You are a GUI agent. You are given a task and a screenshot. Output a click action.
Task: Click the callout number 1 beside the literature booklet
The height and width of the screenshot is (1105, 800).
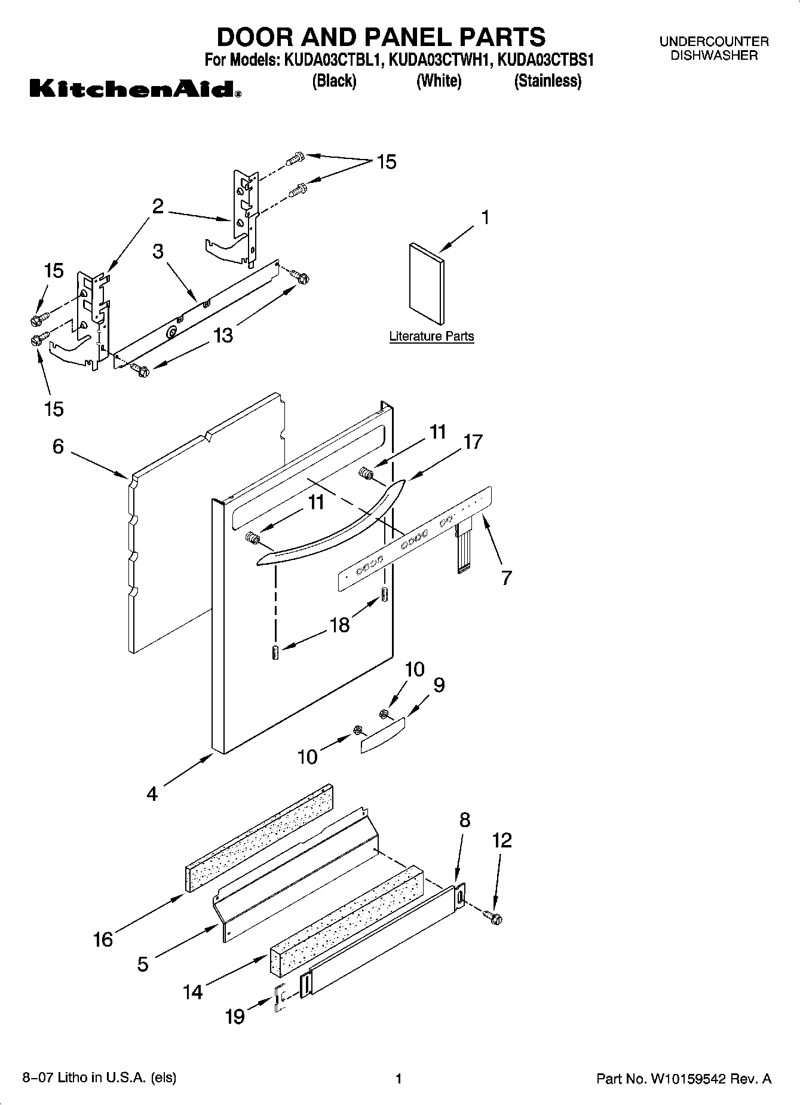pyautogui.click(x=486, y=218)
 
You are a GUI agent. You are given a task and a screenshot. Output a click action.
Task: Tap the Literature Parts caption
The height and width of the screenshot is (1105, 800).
pyautogui.click(x=431, y=336)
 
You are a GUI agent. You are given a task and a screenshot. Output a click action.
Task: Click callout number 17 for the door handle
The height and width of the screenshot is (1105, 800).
pyautogui.click(x=473, y=442)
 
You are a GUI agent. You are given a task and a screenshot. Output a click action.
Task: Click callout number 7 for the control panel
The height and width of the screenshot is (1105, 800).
pyautogui.click(x=506, y=578)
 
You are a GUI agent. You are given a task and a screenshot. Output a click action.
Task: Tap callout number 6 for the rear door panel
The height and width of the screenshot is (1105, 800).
pyautogui.click(x=58, y=446)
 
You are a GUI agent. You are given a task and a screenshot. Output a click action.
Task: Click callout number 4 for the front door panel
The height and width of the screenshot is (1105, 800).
pyautogui.click(x=152, y=794)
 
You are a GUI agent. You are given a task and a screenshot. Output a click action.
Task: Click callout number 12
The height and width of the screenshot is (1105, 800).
pyautogui.click(x=502, y=840)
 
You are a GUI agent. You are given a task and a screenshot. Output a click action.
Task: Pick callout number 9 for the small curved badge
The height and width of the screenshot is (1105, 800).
pyautogui.click(x=439, y=685)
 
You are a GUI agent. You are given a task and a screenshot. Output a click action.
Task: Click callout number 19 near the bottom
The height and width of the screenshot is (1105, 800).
pyautogui.click(x=235, y=1016)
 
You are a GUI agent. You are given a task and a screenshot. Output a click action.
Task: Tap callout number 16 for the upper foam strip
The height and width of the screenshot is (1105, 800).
pyautogui.click(x=103, y=939)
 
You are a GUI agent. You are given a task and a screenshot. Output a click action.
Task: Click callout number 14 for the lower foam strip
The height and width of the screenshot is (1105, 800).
pyautogui.click(x=192, y=992)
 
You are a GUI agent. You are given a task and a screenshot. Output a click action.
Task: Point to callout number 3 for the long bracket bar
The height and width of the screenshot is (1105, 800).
pyautogui.click(x=158, y=251)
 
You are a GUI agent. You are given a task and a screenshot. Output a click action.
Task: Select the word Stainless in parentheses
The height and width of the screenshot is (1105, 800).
pyautogui.click(x=547, y=81)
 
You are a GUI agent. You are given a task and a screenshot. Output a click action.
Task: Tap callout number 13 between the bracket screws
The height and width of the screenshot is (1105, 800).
pyautogui.click(x=223, y=336)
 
